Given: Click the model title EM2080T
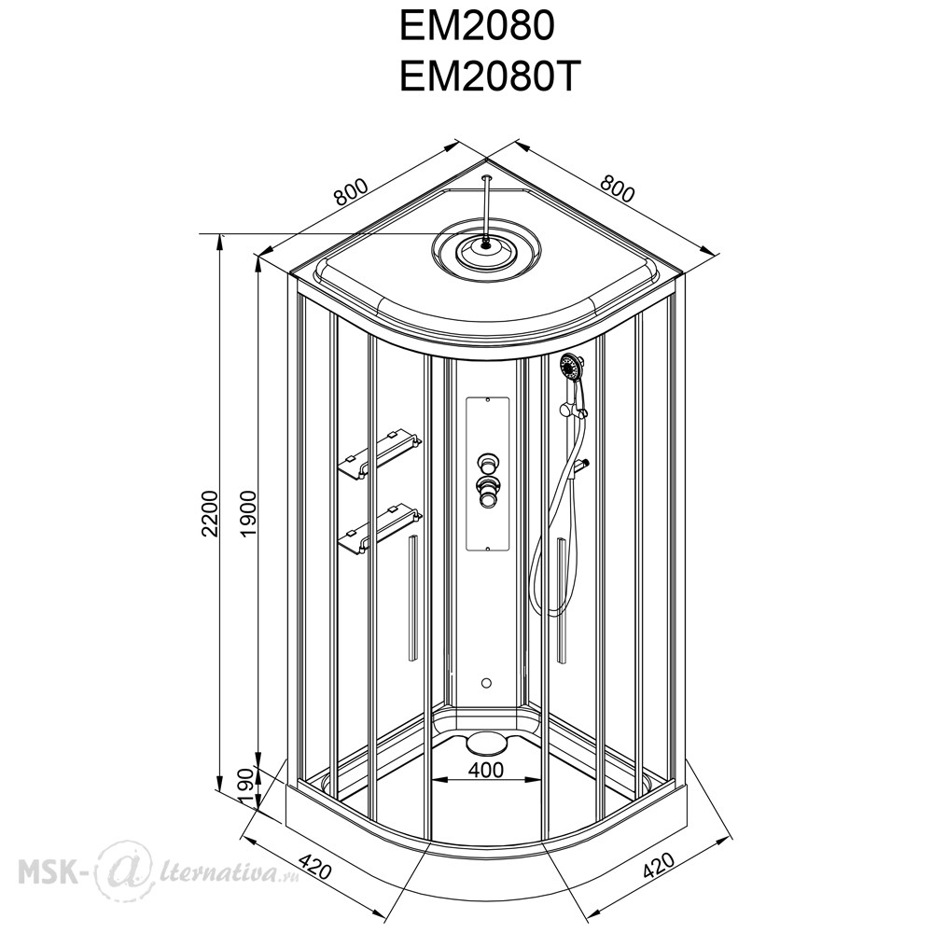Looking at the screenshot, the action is click(x=489, y=77).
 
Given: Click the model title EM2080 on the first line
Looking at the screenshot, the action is click(x=477, y=26).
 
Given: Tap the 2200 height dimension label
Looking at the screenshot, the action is click(x=210, y=513).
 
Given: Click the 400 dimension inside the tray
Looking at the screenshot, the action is click(x=486, y=770).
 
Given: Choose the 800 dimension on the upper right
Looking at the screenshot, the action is click(x=617, y=188).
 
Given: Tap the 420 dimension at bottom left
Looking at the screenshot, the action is click(x=314, y=867).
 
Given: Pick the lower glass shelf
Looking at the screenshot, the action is click(x=380, y=530).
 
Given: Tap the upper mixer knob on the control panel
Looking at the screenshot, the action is click(x=487, y=463).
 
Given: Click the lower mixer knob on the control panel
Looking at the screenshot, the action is click(x=487, y=491).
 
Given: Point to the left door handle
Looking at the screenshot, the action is click(x=411, y=597).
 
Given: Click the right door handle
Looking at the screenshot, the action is click(x=561, y=600).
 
